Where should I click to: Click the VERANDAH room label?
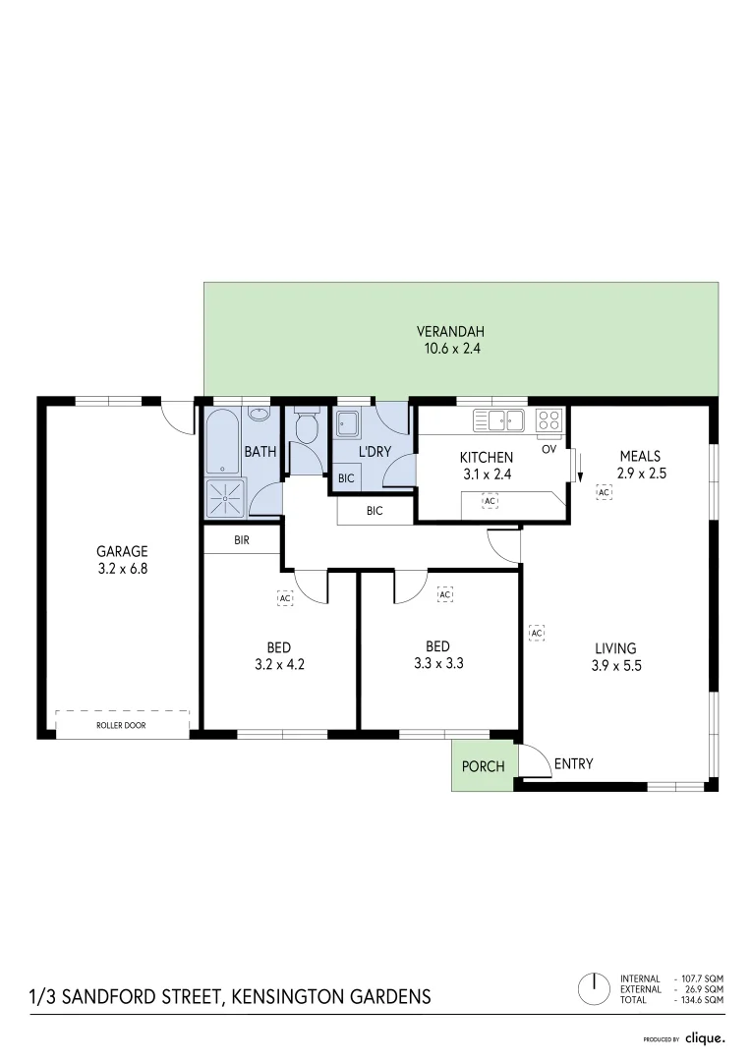tap(450, 331)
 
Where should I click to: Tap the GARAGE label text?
tap(122, 551)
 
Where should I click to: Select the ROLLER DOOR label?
tap(122, 725)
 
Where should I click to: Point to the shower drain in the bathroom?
tap(225, 499)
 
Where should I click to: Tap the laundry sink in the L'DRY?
tap(347, 423)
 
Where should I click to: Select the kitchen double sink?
tap(502, 420)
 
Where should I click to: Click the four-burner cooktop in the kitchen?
tap(549, 420)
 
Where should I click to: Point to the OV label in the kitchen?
tap(549, 449)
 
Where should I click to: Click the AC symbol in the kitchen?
tap(489, 501)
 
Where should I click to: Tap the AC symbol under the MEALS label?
tap(604, 492)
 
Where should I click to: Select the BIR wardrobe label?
tap(242, 540)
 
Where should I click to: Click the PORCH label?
tap(483, 767)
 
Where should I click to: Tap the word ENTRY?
tap(573, 763)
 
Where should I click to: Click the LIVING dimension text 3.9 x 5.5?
tap(615, 666)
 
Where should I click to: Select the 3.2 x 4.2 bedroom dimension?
tap(278, 664)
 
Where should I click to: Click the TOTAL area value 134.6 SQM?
tap(700, 1000)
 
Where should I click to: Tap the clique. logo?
tap(705, 1037)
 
